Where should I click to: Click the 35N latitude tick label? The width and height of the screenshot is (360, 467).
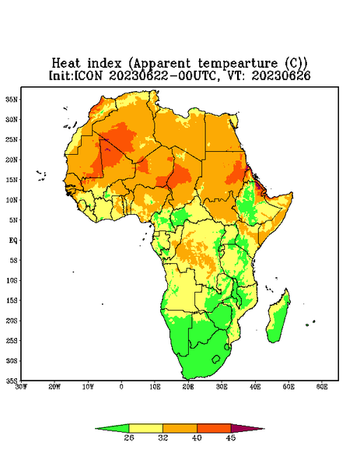(12, 100)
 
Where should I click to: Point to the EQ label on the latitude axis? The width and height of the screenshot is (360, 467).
(13, 241)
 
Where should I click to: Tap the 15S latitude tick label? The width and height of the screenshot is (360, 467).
(12, 300)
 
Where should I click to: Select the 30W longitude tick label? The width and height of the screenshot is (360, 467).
(22, 387)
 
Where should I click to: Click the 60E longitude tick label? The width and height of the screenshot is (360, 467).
(322, 387)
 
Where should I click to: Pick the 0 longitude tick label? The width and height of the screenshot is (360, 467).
(121, 387)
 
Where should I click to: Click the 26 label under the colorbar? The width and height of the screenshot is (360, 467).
(129, 437)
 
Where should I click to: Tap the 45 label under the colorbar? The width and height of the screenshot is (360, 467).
(231, 437)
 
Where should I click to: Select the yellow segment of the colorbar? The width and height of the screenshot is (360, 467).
(145, 428)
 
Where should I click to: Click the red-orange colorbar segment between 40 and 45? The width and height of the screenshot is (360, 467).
(214, 428)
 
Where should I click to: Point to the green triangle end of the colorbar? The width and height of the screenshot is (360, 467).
(112, 428)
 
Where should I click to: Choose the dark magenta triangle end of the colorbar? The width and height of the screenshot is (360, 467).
(247, 428)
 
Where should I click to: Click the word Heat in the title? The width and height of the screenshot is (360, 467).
(66, 64)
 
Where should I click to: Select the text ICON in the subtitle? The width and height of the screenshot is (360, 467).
(88, 75)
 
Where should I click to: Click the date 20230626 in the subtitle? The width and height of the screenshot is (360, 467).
(281, 75)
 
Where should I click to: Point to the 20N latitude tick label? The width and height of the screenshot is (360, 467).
(12, 160)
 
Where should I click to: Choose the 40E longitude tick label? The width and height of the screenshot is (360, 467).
(255, 387)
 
